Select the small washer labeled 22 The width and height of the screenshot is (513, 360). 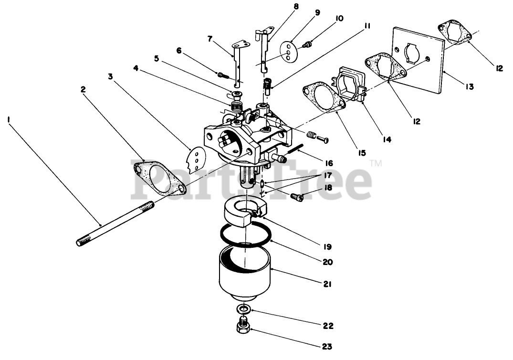[x=244, y=309]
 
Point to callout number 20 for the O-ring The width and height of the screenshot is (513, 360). [x=328, y=262]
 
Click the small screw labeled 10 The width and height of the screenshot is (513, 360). [x=308, y=44]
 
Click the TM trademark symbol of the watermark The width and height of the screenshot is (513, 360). [x=376, y=164]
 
